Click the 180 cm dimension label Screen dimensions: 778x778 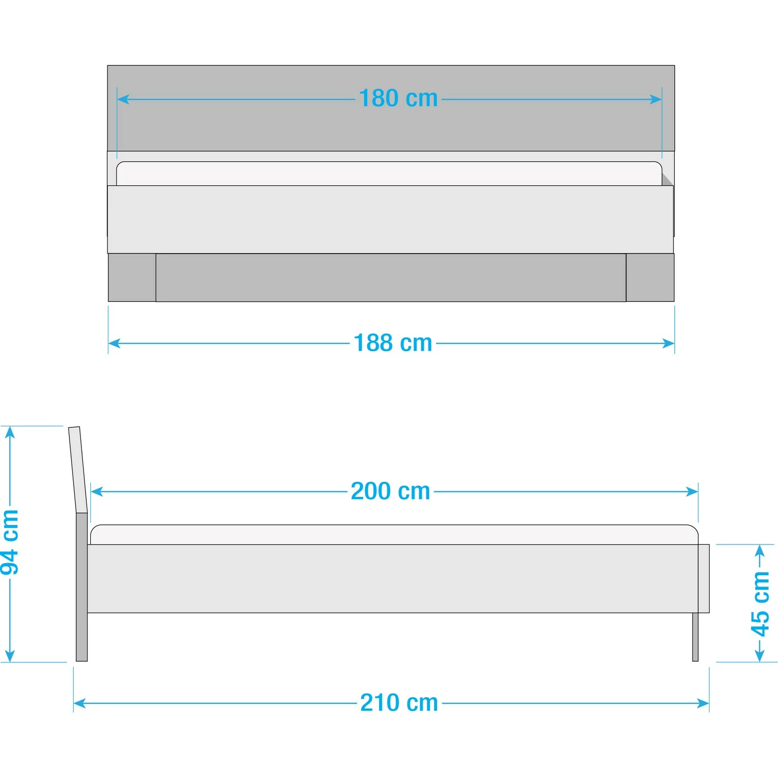[398, 99]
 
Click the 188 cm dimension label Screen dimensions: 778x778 [393, 343]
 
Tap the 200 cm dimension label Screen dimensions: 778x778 [391, 491]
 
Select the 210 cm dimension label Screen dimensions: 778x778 [399, 703]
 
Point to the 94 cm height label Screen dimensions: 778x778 [10, 543]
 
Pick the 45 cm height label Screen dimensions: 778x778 [760, 603]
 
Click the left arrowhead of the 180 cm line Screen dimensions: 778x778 [122, 99]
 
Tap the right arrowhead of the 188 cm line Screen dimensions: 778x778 [669, 343]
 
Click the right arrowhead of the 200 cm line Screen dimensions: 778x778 [692, 491]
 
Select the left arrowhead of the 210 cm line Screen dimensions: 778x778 [79, 703]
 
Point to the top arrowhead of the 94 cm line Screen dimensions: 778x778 [10, 432]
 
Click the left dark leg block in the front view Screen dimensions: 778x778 [132, 277]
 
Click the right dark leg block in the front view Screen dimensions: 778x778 [650, 277]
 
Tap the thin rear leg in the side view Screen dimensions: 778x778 [696, 637]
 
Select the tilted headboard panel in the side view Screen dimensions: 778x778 [78, 469]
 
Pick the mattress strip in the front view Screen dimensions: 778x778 [389, 173]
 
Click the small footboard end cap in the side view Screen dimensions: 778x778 [704, 578]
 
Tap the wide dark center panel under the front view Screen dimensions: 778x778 [391, 277]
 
